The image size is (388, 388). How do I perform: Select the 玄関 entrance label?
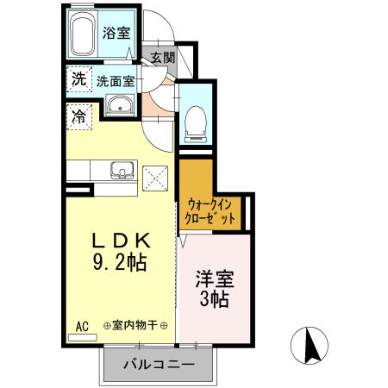[162, 58]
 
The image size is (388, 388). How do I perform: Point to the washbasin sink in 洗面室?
[119, 107]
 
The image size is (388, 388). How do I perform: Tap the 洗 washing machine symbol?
[78, 78]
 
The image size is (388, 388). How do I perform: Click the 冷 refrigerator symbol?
[78, 116]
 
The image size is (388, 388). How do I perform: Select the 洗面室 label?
[115, 82]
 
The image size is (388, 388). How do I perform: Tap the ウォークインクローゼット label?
[210, 212]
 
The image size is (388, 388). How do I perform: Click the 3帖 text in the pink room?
[215, 300]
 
